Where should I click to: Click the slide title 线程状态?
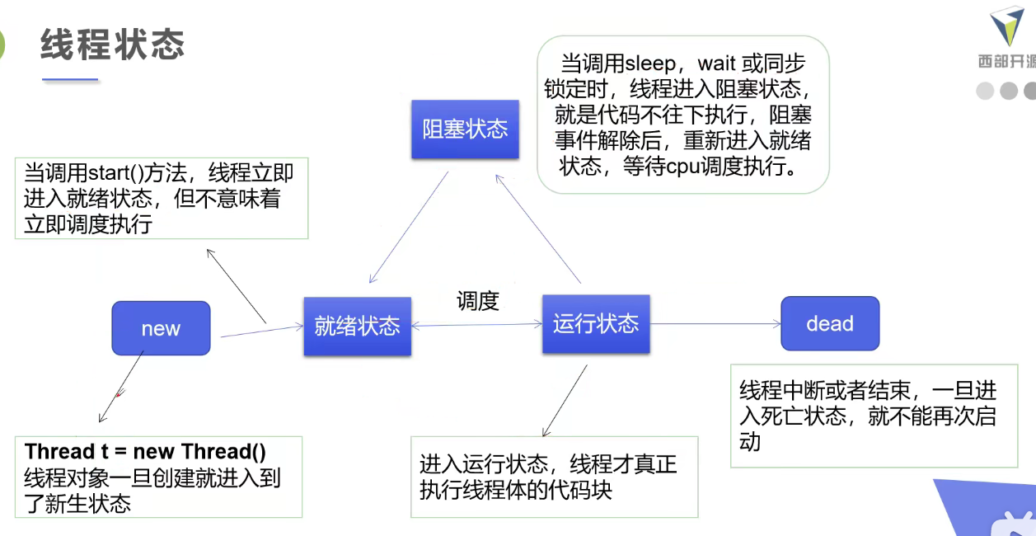click(112, 44)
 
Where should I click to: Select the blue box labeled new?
click(161, 328)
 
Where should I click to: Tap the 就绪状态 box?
click(357, 326)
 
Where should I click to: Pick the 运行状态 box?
click(595, 323)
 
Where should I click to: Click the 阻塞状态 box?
click(465, 129)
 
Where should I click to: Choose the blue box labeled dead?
click(830, 324)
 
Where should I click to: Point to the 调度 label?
click(478, 301)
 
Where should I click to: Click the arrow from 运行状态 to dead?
click(715, 324)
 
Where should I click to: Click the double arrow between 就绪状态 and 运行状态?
click(476, 325)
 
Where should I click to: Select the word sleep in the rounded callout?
click(651, 63)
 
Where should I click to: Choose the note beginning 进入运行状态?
click(548, 477)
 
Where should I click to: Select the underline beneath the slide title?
click(70, 80)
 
